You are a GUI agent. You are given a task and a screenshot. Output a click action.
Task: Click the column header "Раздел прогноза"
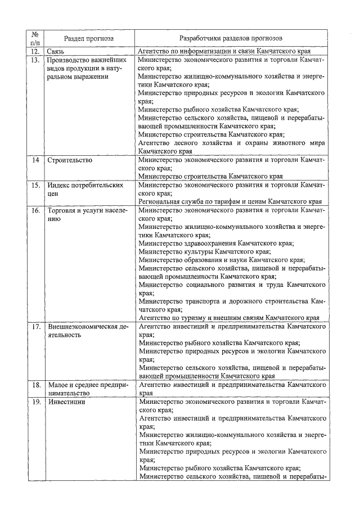coord(88,39)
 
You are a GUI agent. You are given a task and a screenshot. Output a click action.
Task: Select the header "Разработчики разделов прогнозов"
coord(231,39)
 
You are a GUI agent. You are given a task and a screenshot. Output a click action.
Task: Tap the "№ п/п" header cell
coord(35,39)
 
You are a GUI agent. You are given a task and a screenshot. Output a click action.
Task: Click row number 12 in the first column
coord(35,51)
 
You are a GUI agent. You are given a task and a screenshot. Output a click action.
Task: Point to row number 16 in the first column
coord(35,210)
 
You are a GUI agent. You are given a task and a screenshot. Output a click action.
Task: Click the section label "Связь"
coord(57,51)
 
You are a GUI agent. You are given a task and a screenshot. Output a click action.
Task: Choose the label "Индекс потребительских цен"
coord(84,189)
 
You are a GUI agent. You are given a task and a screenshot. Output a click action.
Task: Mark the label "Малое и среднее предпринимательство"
coord(88,390)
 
